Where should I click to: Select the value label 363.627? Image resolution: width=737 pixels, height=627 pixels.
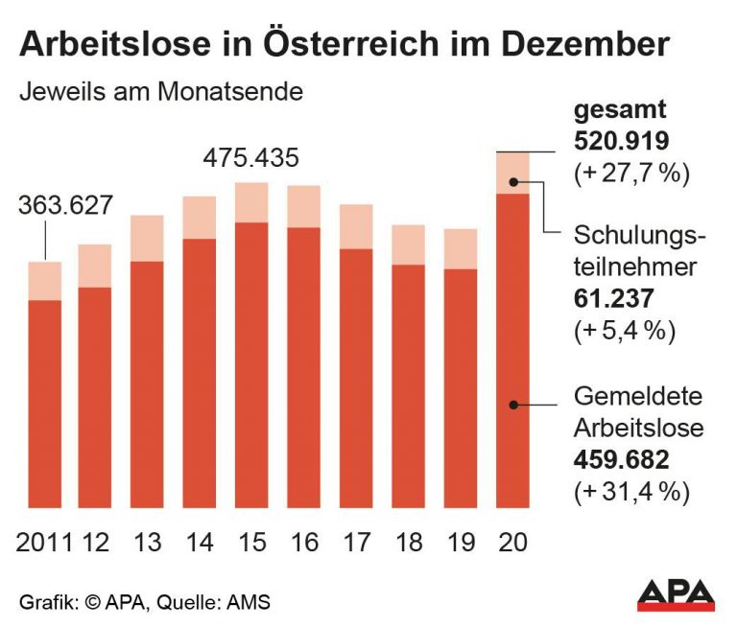(x=64, y=206)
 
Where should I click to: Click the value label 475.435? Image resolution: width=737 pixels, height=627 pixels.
(x=251, y=156)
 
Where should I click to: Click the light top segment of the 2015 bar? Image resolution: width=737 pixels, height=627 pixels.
(x=251, y=202)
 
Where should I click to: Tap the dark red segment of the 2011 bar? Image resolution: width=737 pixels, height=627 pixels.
(x=45, y=403)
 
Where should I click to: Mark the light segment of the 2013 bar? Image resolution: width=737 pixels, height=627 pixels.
(x=148, y=238)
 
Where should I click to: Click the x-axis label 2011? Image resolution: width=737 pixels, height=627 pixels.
(x=44, y=542)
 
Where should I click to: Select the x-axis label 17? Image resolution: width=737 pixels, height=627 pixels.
(x=356, y=542)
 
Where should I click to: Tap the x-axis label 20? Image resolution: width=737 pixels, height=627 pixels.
(x=512, y=542)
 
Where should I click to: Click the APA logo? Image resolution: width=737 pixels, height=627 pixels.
(x=676, y=594)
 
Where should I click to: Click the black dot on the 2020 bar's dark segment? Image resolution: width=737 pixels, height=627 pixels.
(x=514, y=406)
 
